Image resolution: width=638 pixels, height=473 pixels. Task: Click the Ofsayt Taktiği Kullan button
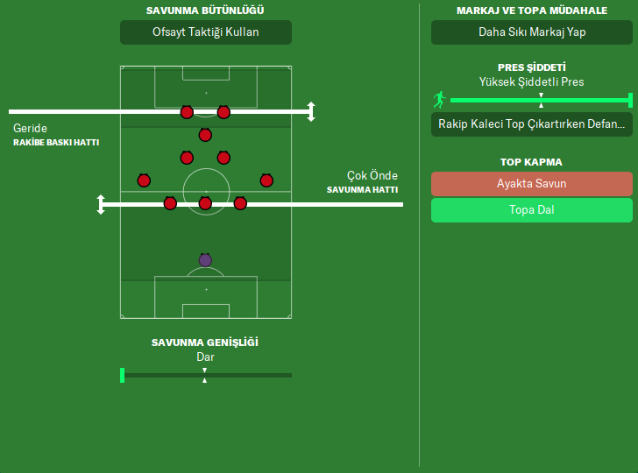(206, 32)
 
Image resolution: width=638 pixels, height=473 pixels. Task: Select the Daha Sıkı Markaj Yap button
(532, 32)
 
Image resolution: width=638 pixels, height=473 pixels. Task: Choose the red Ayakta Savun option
(532, 184)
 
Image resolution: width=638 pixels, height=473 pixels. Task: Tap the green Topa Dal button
(532, 210)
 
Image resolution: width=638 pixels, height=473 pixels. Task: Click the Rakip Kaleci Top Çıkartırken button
(532, 124)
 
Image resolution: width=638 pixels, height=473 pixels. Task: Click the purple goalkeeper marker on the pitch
(205, 260)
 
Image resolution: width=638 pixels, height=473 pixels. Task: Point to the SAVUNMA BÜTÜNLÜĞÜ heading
(206, 11)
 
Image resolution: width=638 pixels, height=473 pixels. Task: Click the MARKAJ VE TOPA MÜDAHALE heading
(532, 11)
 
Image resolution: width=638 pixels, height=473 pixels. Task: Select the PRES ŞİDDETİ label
(532, 67)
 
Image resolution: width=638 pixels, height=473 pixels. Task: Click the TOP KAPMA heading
(532, 162)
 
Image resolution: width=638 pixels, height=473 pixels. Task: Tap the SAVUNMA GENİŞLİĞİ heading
(205, 342)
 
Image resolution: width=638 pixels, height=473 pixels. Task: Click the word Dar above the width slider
(205, 357)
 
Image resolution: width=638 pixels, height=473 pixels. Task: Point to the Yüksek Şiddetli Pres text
(532, 82)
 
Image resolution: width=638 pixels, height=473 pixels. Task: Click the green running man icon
(439, 100)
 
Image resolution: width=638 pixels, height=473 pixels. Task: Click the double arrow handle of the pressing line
(310, 111)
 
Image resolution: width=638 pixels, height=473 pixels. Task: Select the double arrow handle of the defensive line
(101, 204)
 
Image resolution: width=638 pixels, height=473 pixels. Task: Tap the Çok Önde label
(372, 175)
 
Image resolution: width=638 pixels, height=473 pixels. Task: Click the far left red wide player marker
(144, 180)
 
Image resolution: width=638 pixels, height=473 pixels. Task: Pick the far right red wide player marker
(266, 180)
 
